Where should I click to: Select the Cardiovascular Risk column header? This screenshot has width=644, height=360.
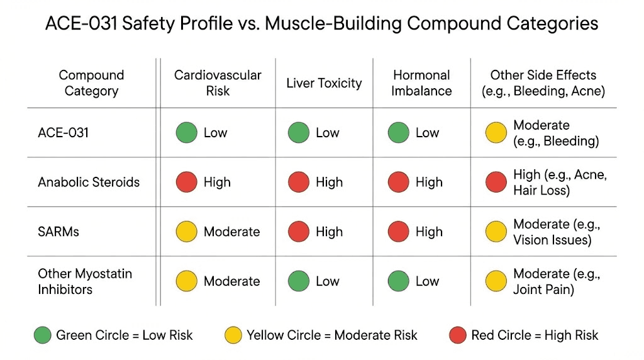pyautogui.click(x=218, y=83)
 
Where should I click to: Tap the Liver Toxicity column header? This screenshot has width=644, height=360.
pyautogui.click(x=324, y=83)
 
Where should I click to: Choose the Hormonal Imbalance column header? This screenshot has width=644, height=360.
pyautogui.click(x=421, y=83)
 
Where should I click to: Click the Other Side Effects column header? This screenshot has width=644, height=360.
pyautogui.click(x=543, y=83)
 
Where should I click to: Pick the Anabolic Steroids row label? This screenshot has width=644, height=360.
pyautogui.click(x=89, y=183)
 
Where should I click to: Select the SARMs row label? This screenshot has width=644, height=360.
pyautogui.click(x=58, y=232)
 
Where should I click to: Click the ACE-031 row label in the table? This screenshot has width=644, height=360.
pyautogui.click(x=64, y=133)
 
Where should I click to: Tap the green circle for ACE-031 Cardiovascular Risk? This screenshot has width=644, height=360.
pyautogui.click(x=187, y=133)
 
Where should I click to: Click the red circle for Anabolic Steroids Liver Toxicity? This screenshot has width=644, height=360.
pyautogui.click(x=299, y=183)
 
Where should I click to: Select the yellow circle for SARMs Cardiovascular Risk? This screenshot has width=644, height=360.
pyautogui.click(x=187, y=232)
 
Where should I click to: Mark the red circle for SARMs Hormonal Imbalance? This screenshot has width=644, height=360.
pyautogui.click(x=399, y=232)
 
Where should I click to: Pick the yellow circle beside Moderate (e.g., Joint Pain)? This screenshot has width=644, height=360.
pyautogui.click(x=496, y=281)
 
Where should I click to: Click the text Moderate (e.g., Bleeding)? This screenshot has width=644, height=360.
pyautogui.click(x=556, y=133)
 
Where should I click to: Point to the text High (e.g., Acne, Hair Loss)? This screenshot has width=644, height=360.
pyautogui.click(x=560, y=183)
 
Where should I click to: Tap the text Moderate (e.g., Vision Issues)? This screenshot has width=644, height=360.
pyautogui.click(x=557, y=232)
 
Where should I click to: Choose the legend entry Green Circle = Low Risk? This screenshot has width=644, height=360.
pyautogui.click(x=124, y=335)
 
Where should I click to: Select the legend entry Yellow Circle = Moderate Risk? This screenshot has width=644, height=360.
pyautogui.click(x=331, y=335)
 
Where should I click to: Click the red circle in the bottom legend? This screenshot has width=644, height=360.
pyautogui.click(x=458, y=335)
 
